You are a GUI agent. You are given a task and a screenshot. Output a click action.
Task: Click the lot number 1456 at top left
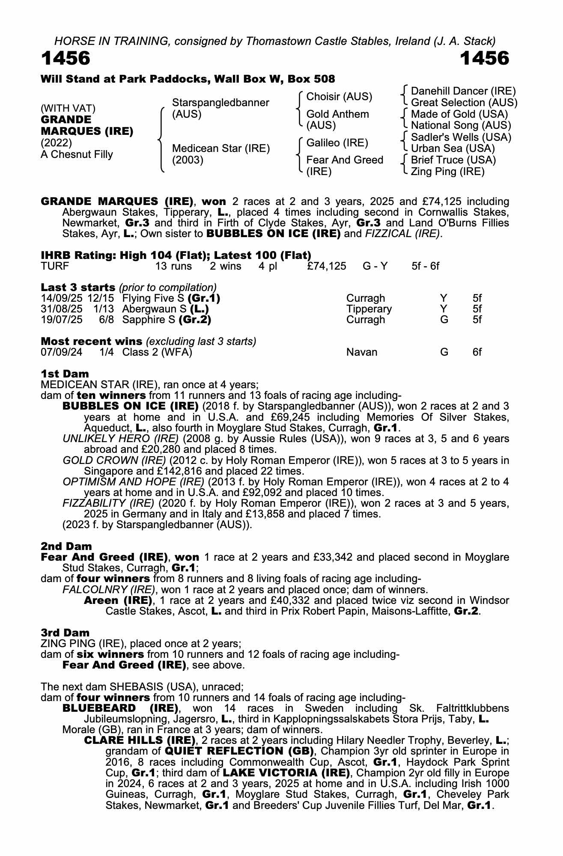point(66,58)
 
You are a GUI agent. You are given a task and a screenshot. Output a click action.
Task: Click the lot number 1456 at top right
point(485,58)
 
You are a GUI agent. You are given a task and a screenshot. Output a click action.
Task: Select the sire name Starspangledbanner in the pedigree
point(220,103)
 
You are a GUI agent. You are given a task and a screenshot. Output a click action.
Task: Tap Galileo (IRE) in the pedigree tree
point(337,143)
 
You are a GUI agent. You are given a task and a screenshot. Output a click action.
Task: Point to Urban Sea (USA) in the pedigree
point(453,149)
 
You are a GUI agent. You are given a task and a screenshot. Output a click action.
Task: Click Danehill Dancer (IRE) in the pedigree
point(463,91)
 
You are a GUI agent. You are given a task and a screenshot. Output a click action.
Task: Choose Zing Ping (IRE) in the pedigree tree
point(447,172)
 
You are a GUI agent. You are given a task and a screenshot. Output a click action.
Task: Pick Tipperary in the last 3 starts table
point(369,309)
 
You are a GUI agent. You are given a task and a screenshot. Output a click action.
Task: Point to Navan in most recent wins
point(362,352)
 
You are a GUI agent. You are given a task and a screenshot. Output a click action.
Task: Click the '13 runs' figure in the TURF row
point(173,266)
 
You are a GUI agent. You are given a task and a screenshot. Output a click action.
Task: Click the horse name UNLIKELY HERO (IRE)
point(120,439)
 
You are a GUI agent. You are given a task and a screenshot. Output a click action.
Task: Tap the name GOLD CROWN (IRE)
point(114,460)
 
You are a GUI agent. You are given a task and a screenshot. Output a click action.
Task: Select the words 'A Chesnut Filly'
point(77,155)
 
